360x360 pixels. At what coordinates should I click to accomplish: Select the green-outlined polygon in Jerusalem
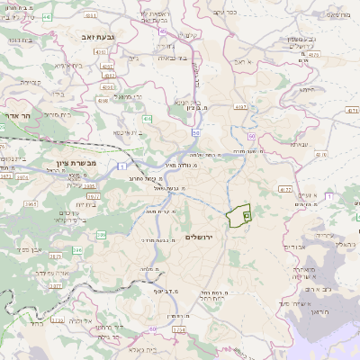click(238, 217)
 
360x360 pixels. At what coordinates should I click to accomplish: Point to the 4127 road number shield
click(285, 190)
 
